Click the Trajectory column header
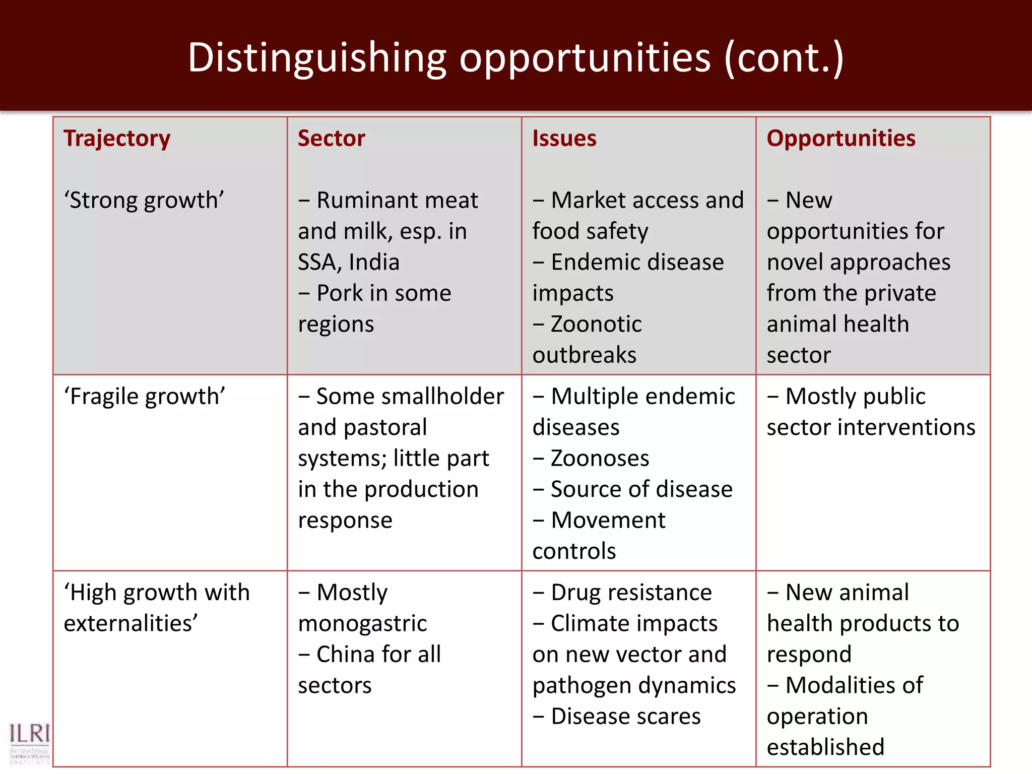coord(117,139)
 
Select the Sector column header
coord(331,139)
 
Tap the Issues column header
coord(564,139)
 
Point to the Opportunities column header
coord(841,139)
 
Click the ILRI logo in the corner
coord(29,741)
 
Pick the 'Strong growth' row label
coord(144,201)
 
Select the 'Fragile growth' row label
coord(144,397)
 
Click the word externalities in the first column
coord(131,623)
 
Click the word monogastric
coord(362,624)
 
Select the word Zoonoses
coord(600,459)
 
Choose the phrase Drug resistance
coord(631,593)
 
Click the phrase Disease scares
coord(625,717)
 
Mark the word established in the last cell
coord(825,747)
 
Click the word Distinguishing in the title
coord(317,58)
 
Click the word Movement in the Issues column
coord(608,521)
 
